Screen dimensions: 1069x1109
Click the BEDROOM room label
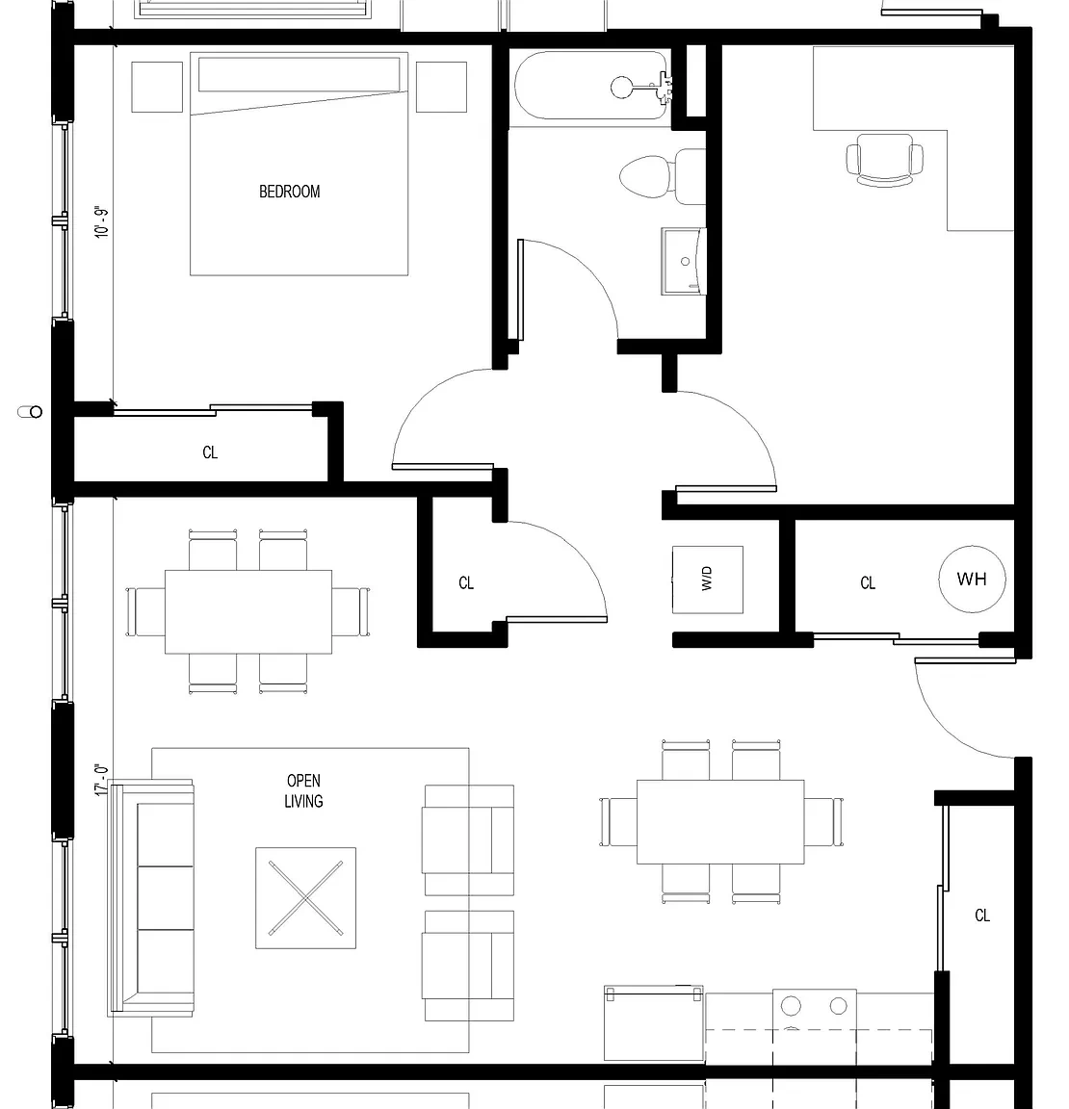click(289, 192)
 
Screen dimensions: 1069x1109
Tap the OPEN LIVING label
click(303, 790)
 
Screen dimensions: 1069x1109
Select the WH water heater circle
click(972, 580)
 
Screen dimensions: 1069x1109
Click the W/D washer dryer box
click(708, 580)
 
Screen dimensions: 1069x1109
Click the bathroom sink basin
click(684, 261)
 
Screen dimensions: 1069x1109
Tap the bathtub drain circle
click(622, 88)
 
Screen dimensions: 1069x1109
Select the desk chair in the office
click(884, 161)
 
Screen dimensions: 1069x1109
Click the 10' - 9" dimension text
click(103, 222)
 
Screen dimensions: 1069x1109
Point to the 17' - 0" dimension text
click(103, 780)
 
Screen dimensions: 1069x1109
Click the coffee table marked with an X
click(305, 897)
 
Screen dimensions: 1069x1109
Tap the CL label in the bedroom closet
click(210, 452)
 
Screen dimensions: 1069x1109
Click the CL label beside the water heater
click(868, 582)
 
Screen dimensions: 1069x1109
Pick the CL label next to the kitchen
click(982, 916)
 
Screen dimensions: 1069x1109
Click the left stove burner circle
click(791, 1005)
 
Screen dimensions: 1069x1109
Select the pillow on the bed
click(300, 74)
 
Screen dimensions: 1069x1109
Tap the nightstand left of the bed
click(157, 87)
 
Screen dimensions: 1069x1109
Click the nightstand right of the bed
click(441, 87)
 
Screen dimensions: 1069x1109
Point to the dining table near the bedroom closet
click(248, 612)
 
